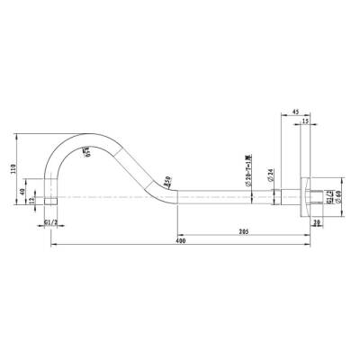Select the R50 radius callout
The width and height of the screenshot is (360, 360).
[x=167, y=184]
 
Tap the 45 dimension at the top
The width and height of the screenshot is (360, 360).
[x=296, y=112]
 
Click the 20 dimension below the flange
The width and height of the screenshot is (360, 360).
[x=317, y=220]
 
